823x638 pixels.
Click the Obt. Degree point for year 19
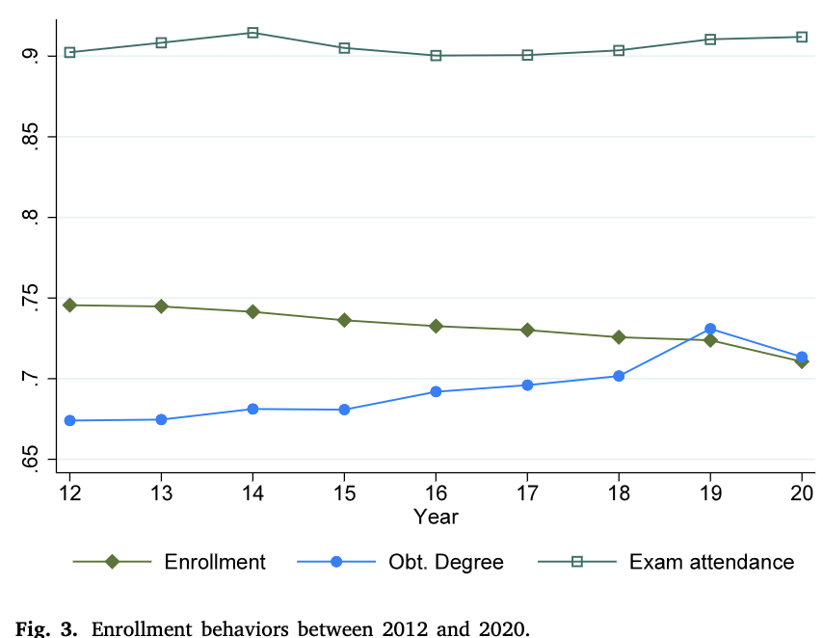pyautogui.click(x=710, y=330)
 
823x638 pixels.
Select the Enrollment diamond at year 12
pyautogui.click(x=69, y=306)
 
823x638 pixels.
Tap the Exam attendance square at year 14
pyautogui.click(x=252, y=33)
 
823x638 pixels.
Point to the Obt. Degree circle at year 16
pyautogui.click(x=436, y=391)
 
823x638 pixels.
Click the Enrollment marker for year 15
pyautogui.click(x=344, y=320)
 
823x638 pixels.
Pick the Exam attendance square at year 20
pyautogui.click(x=802, y=37)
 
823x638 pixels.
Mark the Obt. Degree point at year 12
pyautogui.click(x=69, y=420)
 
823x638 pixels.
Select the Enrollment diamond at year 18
pyautogui.click(x=619, y=337)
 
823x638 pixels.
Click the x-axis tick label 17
pyautogui.click(x=527, y=493)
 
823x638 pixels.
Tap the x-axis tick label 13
pyautogui.click(x=161, y=493)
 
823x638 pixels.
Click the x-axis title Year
pyautogui.click(x=436, y=517)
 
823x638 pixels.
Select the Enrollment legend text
pyautogui.click(x=215, y=562)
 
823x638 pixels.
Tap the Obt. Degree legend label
pyautogui.click(x=446, y=563)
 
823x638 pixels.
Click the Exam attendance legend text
pyautogui.click(x=712, y=562)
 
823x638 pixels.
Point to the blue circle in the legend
pyautogui.click(x=336, y=562)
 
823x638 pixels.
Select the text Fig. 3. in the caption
pyautogui.click(x=46, y=629)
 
